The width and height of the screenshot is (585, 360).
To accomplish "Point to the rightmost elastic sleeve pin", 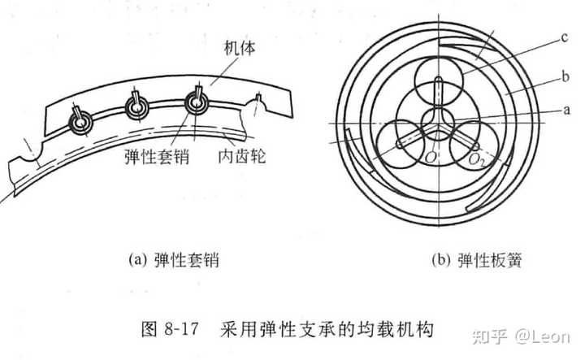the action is [x=197, y=102].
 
